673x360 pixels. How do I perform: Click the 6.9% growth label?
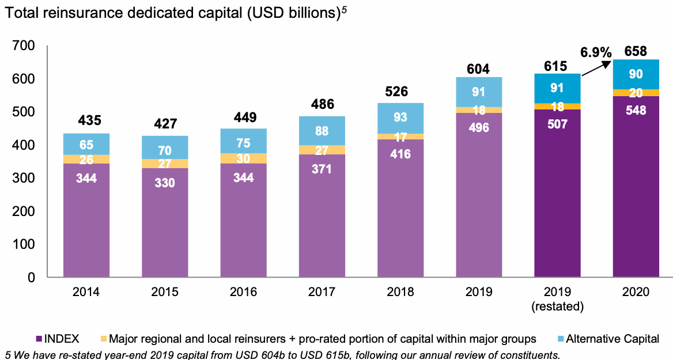pyautogui.click(x=595, y=52)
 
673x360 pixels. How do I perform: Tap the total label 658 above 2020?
pyautogui.click(x=635, y=50)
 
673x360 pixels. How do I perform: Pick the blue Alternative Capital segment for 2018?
pyautogui.click(x=400, y=118)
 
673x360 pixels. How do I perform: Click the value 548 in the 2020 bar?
pyautogui.click(x=635, y=110)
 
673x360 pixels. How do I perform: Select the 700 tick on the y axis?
pyautogui.click(x=24, y=46)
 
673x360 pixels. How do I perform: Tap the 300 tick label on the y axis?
pyautogui.click(x=24, y=178)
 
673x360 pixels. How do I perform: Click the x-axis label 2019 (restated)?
pyautogui.click(x=557, y=299)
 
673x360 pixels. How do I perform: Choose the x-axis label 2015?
pyautogui.click(x=165, y=292)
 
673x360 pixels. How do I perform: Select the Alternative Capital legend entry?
pyautogui.click(x=612, y=339)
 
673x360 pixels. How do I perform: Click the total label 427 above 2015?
pyautogui.click(x=165, y=124)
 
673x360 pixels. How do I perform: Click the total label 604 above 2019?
pyautogui.click(x=478, y=69)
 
